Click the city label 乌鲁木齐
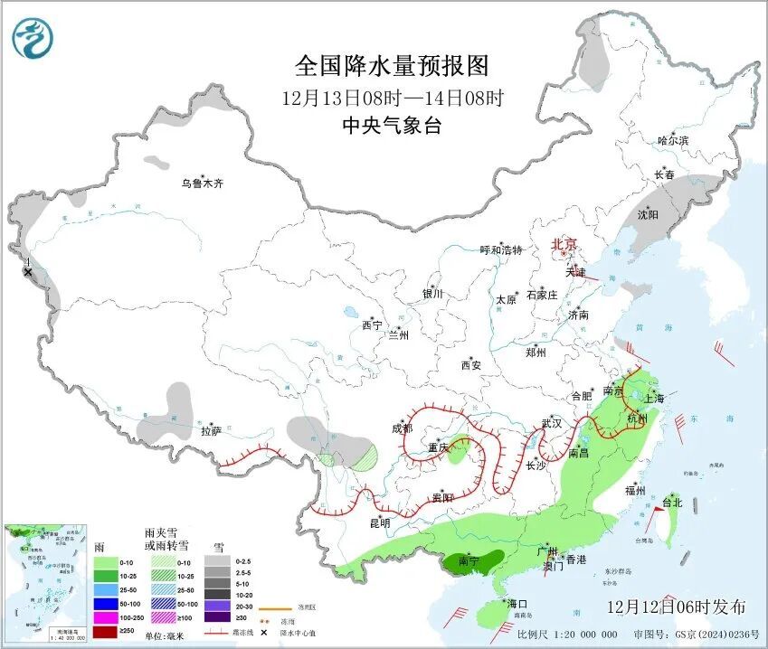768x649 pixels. pos(201,183)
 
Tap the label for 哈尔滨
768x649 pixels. pos(673,141)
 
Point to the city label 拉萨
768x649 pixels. pos(211,432)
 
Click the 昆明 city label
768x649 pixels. pos(379,523)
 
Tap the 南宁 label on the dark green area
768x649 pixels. pos(468,561)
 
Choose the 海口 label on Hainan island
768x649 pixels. pos(517,603)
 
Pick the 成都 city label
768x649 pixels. pos(403,428)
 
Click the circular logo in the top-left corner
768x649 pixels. pos(33,39)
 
